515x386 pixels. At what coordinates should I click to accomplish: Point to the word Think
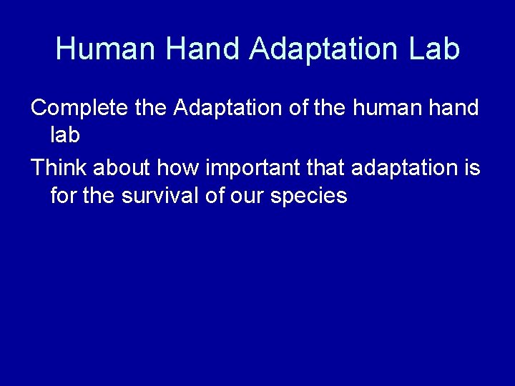pyautogui.click(x=59, y=168)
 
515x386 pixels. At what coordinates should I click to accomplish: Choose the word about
pyautogui.click(x=122, y=168)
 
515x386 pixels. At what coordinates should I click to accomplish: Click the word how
pyautogui.click(x=179, y=168)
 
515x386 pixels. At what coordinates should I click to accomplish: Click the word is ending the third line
pyautogui.click(x=472, y=168)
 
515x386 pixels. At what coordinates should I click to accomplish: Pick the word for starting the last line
pyautogui.click(x=64, y=195)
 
